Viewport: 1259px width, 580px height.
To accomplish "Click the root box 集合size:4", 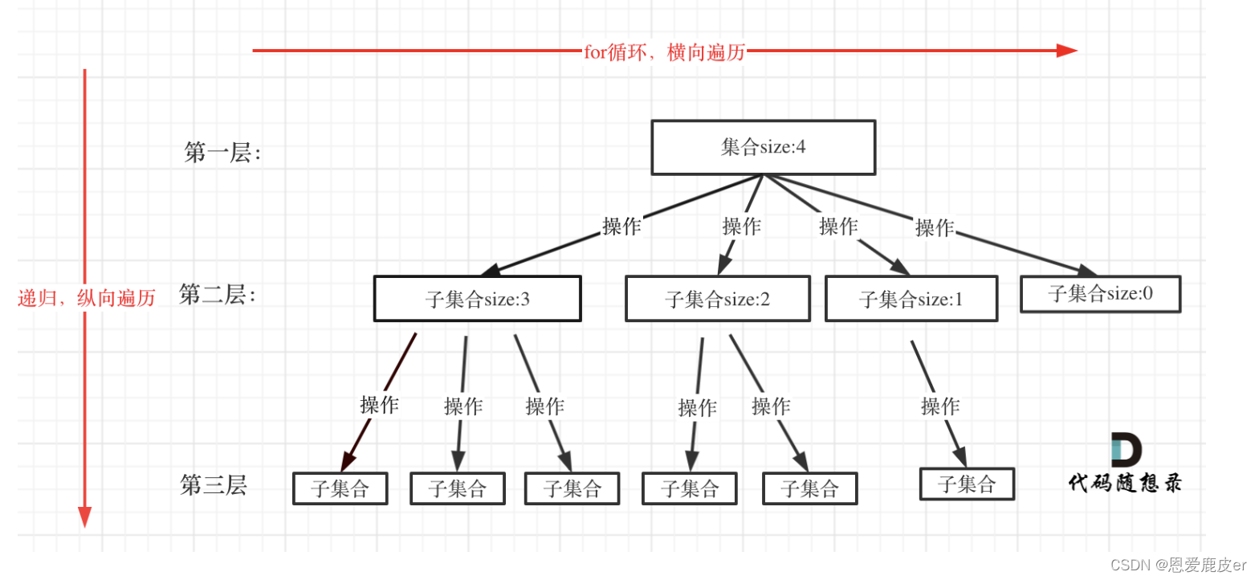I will point(763,147).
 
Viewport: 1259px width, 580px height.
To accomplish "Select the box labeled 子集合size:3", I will point(477,299).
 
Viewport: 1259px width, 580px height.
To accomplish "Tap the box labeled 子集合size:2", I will point(717,299).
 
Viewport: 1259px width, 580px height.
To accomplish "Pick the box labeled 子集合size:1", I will point(911,299).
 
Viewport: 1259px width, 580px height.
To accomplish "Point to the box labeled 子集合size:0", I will point(1100,294).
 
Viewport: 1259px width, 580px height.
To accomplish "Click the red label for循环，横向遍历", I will point(664,52).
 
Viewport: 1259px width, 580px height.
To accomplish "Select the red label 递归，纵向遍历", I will point(86,298).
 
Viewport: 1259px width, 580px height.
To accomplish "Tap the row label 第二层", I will point(217,295).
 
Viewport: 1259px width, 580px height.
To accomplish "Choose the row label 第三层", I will point(214,485).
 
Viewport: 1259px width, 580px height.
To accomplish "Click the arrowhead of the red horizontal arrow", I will point(1067,51).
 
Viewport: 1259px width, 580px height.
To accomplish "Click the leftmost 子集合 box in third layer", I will point(340,488).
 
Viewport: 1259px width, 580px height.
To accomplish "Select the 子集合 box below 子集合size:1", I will point(967,484).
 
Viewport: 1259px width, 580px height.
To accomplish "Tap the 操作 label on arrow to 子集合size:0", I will point(935,228).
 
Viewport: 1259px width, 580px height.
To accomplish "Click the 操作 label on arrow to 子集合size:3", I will point(621,227).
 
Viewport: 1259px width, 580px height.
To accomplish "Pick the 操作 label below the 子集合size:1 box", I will point(940,406).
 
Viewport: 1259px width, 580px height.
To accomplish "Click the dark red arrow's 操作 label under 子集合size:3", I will point(379,405).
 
